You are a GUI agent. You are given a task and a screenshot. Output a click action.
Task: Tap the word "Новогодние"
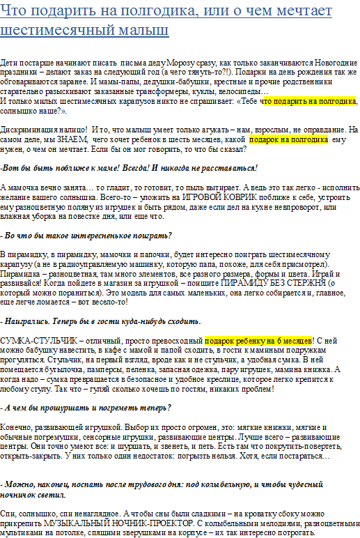point(334,62)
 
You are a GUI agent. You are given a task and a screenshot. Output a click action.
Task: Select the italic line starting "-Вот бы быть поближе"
point(129,168)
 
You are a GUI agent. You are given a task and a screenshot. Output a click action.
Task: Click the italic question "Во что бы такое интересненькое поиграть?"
point(87,236)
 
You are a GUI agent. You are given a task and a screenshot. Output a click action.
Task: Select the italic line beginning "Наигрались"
point(101,321)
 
